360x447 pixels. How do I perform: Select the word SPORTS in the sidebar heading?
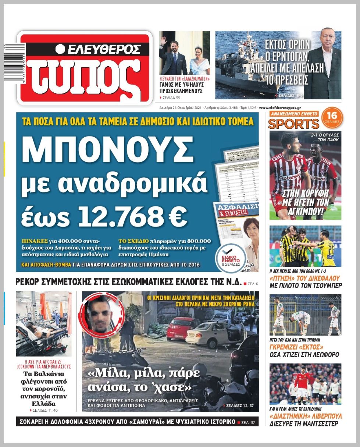(293, 124)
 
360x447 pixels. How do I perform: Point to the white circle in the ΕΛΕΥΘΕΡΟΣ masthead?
(60, 49)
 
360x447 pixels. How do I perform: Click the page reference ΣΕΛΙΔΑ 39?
(172, 97)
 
